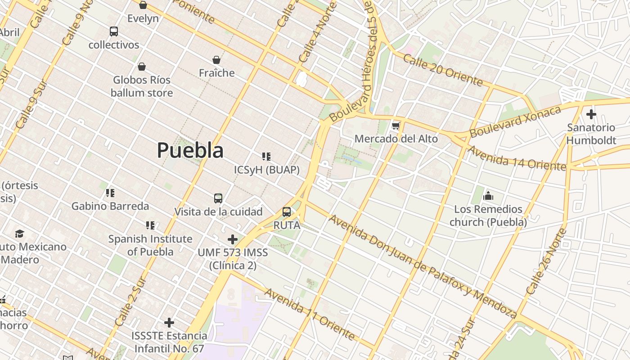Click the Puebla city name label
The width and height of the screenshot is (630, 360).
click(x=190, y=150)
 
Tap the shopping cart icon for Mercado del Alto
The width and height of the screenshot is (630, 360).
click(x=396, y=126)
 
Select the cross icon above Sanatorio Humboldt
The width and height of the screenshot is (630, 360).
click(x=591, y=114)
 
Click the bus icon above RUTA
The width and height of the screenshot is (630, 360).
click(x=287, y=211)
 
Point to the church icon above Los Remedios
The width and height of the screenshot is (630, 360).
click(x=488, y=196)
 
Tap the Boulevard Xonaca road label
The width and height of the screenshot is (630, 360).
click(x=516, y=121)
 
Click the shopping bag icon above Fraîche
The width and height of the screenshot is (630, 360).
click(x=216, y=60)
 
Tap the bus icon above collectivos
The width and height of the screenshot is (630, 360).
click(x=114, y=31)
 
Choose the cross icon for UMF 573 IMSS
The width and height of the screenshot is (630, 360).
click(x=233, y=239)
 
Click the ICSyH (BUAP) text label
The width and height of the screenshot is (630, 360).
click(x=267, y=170)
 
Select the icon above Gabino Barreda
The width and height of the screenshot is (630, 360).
click(x=110, y=193)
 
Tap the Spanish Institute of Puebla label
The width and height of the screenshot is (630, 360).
click(x=150, y=245)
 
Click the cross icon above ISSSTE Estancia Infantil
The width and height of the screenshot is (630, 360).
click(x=169, y=322)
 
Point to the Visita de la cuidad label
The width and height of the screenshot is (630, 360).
click(x=218, y=211)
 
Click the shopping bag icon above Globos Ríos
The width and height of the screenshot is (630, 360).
click(x=142, y=67)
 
